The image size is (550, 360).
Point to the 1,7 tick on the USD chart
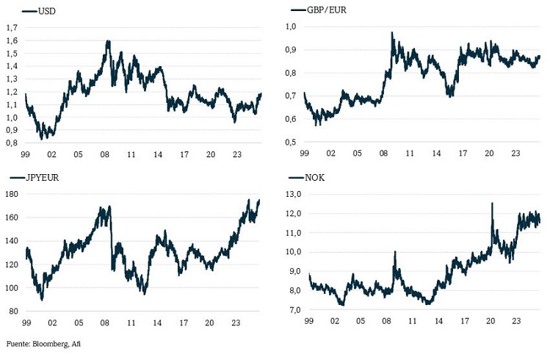coord(12,27)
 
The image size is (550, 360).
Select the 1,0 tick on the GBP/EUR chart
coord(289,27)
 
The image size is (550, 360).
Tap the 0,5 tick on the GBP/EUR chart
coord(289,143)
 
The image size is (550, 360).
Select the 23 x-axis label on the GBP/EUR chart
coord(516,156)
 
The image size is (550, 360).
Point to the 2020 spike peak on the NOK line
coord(492,203)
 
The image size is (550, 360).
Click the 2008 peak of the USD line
coord(108,41)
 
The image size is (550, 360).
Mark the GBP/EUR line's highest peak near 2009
coord(392,32)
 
